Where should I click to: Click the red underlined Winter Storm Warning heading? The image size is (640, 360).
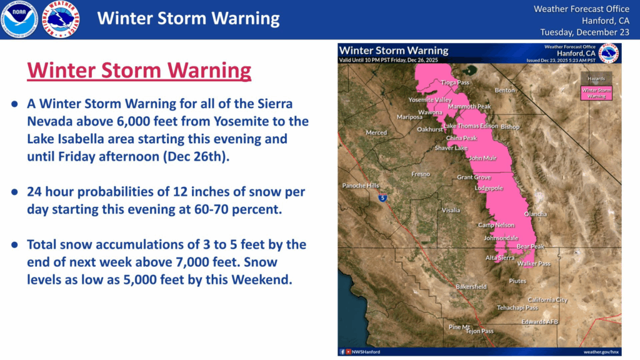click(x=139, y=71)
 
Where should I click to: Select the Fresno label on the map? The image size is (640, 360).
click(x=420, y=174)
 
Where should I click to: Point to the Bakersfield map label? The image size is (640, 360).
click(x=471, y=287)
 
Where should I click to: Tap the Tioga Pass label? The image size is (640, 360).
click(x=455, y=82)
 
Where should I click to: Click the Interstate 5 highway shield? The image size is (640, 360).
click(x=383, y=197)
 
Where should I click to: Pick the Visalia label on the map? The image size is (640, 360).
click(x=451, y=211)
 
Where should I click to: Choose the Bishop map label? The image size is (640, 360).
click(x=510, y=127)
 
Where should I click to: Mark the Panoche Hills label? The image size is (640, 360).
click(x=361, y=186)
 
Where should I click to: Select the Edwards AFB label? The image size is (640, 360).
click(x=539, y=322)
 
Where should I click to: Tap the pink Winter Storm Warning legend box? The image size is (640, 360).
click(x=596, y=93)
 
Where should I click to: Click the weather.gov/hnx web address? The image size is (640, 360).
click(x=601, y=352)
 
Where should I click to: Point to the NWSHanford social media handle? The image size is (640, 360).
click(x=366, y=352)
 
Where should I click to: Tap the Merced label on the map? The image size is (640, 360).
click(x=376, y=132)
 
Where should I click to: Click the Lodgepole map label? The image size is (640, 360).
click(x=489, y=187)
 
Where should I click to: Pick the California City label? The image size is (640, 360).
click(x=547, y=300)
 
